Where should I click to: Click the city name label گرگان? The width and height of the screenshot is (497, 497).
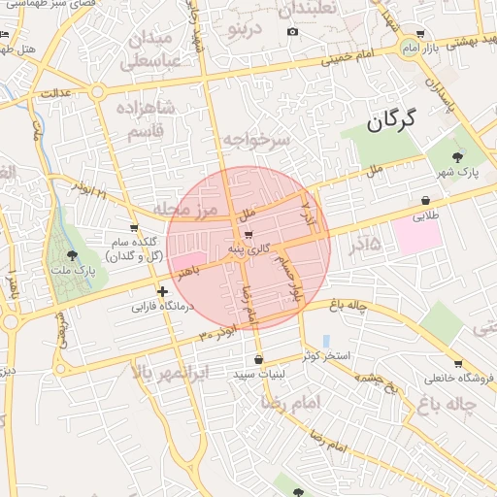(392, 120)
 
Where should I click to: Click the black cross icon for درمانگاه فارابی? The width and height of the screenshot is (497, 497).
(162, 291)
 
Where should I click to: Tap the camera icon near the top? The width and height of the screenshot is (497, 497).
(292, 32)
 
